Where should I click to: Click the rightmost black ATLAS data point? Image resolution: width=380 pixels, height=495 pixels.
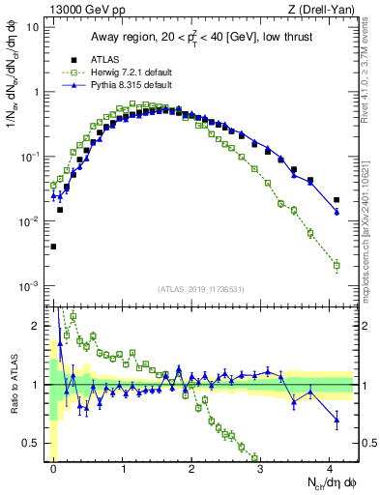pos(336,200)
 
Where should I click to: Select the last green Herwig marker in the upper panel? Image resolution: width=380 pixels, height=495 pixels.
pos(336,265)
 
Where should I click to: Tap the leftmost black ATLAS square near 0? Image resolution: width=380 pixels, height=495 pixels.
pos(53,247)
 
